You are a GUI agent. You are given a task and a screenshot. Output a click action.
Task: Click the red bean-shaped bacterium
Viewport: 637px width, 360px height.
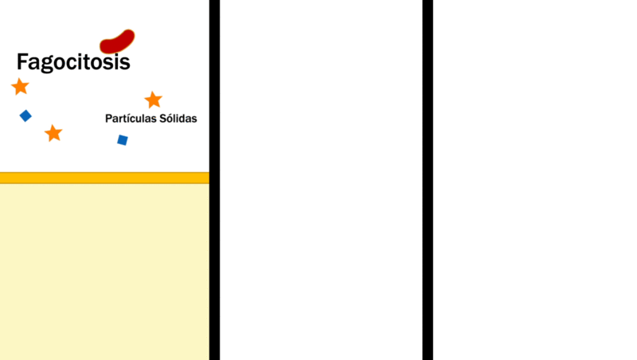click(117, 42)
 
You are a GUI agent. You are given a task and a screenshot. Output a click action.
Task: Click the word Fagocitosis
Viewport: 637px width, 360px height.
click(73, 62)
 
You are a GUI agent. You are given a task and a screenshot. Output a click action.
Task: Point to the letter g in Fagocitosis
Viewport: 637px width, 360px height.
click(47, 65)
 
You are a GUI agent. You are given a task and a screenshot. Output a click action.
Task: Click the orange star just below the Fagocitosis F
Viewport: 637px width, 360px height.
click(20, 87)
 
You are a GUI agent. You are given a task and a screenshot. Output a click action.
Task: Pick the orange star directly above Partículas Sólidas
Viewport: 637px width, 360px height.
click(153, 100)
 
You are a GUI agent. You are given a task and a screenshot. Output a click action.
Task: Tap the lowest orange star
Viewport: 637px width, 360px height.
click(53, 133)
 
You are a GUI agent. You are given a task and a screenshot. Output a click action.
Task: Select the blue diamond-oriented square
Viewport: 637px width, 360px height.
click(25, 115)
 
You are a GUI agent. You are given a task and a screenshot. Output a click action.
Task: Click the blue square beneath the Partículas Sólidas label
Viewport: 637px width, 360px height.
click(123, 140)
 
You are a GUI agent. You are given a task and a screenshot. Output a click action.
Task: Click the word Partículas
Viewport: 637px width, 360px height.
click(131, 118)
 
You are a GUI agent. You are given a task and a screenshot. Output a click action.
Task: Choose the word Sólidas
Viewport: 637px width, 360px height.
click(178, 118)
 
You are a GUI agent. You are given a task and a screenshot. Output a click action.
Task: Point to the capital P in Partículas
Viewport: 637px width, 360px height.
click(108, 118)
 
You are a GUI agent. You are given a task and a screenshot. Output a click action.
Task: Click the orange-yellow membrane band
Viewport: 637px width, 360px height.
click(104, 178)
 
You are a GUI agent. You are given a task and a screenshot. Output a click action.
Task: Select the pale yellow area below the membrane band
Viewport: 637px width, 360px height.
click(104, 272)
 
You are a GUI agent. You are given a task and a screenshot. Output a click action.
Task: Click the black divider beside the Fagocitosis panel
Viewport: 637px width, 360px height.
click(214, 180)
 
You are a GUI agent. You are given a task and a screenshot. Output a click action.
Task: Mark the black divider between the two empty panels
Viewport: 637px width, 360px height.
click(428, 180)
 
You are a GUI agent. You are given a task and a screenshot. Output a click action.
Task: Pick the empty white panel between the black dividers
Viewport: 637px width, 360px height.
click(321, 180)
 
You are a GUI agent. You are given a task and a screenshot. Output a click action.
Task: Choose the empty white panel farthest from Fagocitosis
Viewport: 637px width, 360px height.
click(535, 180)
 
